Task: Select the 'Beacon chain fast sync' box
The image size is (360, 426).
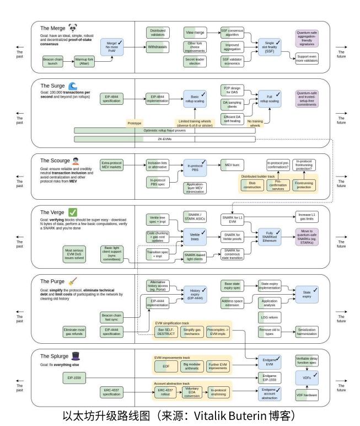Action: pos(112,317)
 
